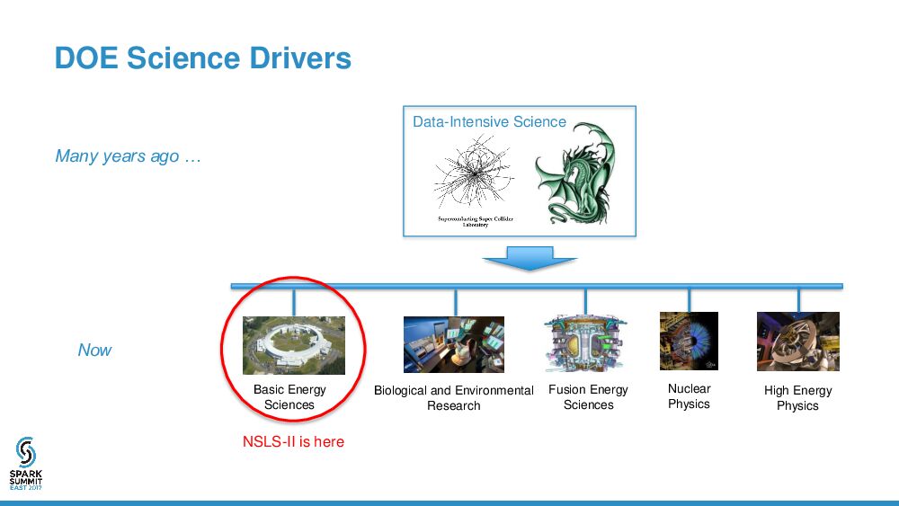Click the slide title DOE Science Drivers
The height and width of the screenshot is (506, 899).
(202, 58)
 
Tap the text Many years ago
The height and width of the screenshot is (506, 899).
(127, 156)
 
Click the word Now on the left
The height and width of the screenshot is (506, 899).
(94, 351)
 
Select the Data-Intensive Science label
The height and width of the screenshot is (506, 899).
(489, 122)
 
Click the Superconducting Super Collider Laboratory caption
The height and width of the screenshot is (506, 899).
(476, 222)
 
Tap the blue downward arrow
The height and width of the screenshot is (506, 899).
(530, 260)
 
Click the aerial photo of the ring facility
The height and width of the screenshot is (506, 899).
(294, 345)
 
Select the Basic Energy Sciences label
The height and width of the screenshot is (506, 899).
(289, 397)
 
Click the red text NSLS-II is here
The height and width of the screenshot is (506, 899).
(293, 442)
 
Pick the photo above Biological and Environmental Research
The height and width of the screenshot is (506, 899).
(454, 344)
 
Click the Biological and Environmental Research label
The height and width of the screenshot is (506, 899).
(454, 398)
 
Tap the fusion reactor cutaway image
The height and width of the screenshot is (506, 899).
(585, 343)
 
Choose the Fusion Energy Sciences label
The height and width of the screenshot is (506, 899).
(588, 397)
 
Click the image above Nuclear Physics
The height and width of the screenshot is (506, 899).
(689, 341)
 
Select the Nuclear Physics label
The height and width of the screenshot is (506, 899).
(689, 396)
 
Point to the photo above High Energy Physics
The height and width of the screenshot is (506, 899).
(797, 342)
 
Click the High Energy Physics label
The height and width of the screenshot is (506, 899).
(797, 398)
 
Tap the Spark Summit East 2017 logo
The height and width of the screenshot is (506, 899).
(26, 464)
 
